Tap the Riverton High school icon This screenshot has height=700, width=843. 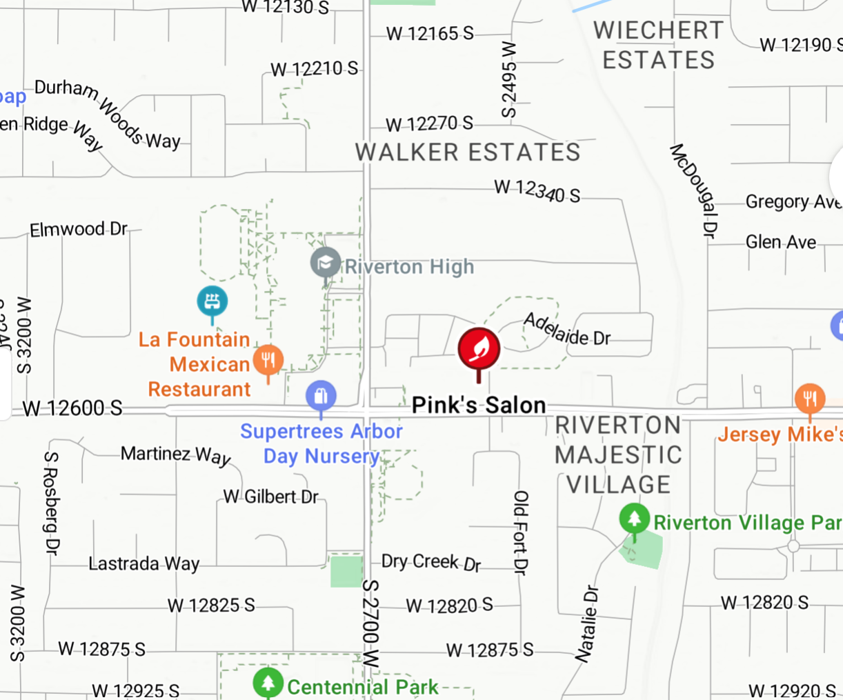[x=326, y=263]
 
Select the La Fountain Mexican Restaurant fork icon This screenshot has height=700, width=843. [x=268, y=359]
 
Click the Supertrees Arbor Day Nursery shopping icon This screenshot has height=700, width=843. [x=321, y=397]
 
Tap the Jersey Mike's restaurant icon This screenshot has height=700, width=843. [x=810, y=399]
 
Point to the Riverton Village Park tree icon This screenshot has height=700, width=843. [x=634, y=518]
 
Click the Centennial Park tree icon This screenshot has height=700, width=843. [x=268, y=683]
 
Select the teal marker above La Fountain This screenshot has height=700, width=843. [x=212, y=301]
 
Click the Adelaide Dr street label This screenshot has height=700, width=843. [x=566, y=330]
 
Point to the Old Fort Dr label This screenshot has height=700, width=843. [x=521, y=532]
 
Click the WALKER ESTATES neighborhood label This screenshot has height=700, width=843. [x=468, y=152]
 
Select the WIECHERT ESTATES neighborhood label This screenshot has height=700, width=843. [x=659, y=45]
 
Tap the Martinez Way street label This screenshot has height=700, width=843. [x=176, y=454]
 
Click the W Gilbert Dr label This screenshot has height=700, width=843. [x=271, y=497]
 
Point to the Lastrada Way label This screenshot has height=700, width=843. [x=143, y=563]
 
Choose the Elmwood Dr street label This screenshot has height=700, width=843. [x=79, y=229]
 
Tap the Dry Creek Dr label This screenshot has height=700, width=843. [x=431, y=562]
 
